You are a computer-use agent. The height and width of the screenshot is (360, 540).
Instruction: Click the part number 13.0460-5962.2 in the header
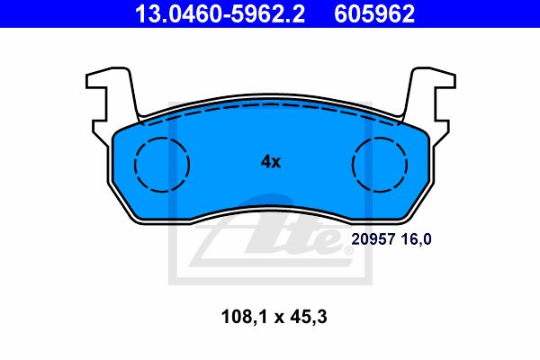click(220, 13)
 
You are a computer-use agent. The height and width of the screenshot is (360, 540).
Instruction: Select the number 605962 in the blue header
click(374, 13)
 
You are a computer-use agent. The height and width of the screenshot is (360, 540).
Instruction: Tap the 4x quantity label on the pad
click(271, 161)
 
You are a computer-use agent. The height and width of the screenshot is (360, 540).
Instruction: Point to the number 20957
click(373, 239)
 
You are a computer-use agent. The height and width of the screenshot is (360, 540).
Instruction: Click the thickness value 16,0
click(416, 239)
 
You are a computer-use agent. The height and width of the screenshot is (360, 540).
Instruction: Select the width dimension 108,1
click(244, 317)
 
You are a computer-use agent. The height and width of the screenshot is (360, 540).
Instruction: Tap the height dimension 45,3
click(309, 317)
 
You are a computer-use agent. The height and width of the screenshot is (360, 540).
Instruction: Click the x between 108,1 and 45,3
click(279, 319)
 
